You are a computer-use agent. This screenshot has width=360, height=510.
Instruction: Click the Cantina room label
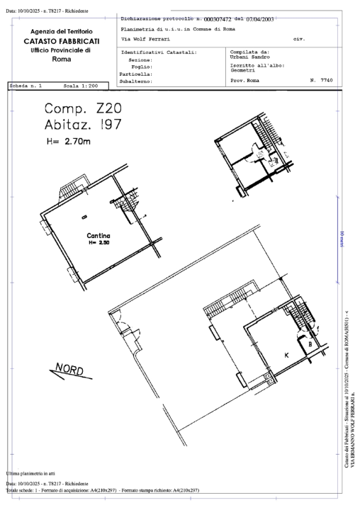(x=97, y=235)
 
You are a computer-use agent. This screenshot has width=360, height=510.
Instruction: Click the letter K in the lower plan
(x=286, y=353)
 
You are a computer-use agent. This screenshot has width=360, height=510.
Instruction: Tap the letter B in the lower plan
(x=310, y=345)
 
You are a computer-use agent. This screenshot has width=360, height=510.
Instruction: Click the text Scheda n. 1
(x=26, y=86)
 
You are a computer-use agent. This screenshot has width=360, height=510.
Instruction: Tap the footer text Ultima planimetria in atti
(x=33, y=472)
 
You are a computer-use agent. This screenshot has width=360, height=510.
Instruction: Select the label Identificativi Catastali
(x=159, y=52)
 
